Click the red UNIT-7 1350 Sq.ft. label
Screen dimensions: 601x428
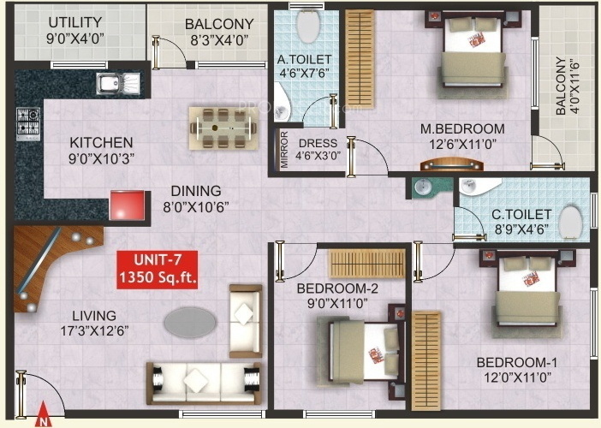tap(158, 270)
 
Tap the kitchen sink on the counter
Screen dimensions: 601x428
tap(118, 84)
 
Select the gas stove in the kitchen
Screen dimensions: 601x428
tap(28, 124)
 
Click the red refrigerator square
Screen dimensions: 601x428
tap(128, 205)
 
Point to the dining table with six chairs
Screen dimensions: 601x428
tap(223, 128)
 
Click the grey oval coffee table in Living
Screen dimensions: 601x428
tap(190, 322)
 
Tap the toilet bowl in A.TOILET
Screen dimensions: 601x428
tap(307, 26)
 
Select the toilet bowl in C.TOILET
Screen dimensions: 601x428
tap(570, 223)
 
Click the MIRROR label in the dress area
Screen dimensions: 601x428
tap(284, 150)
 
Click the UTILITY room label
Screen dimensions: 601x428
tap(75, 22)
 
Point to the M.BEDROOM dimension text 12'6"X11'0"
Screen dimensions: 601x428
tap(462, 145)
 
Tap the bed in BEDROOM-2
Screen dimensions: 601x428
tap(360, 352)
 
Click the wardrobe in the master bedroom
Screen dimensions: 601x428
tap(360, 58)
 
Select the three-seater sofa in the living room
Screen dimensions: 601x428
tap(205, 383)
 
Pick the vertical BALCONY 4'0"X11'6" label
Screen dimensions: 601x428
tap(568, 86)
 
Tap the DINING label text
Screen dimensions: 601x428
tap(196, 191)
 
